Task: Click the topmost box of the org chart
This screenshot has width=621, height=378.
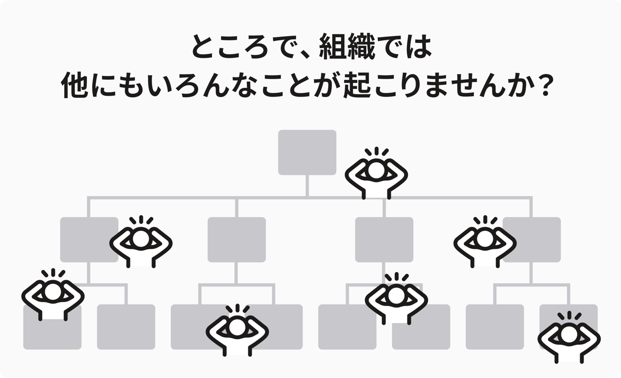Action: (x=307, y=152)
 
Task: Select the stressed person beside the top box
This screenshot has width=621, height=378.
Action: (x=376, y=174)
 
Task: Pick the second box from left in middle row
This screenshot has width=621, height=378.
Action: (x=236, y=239)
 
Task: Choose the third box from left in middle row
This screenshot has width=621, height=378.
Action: (x=384, y=239)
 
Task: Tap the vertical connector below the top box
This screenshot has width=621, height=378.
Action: (x=307, y=185)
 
